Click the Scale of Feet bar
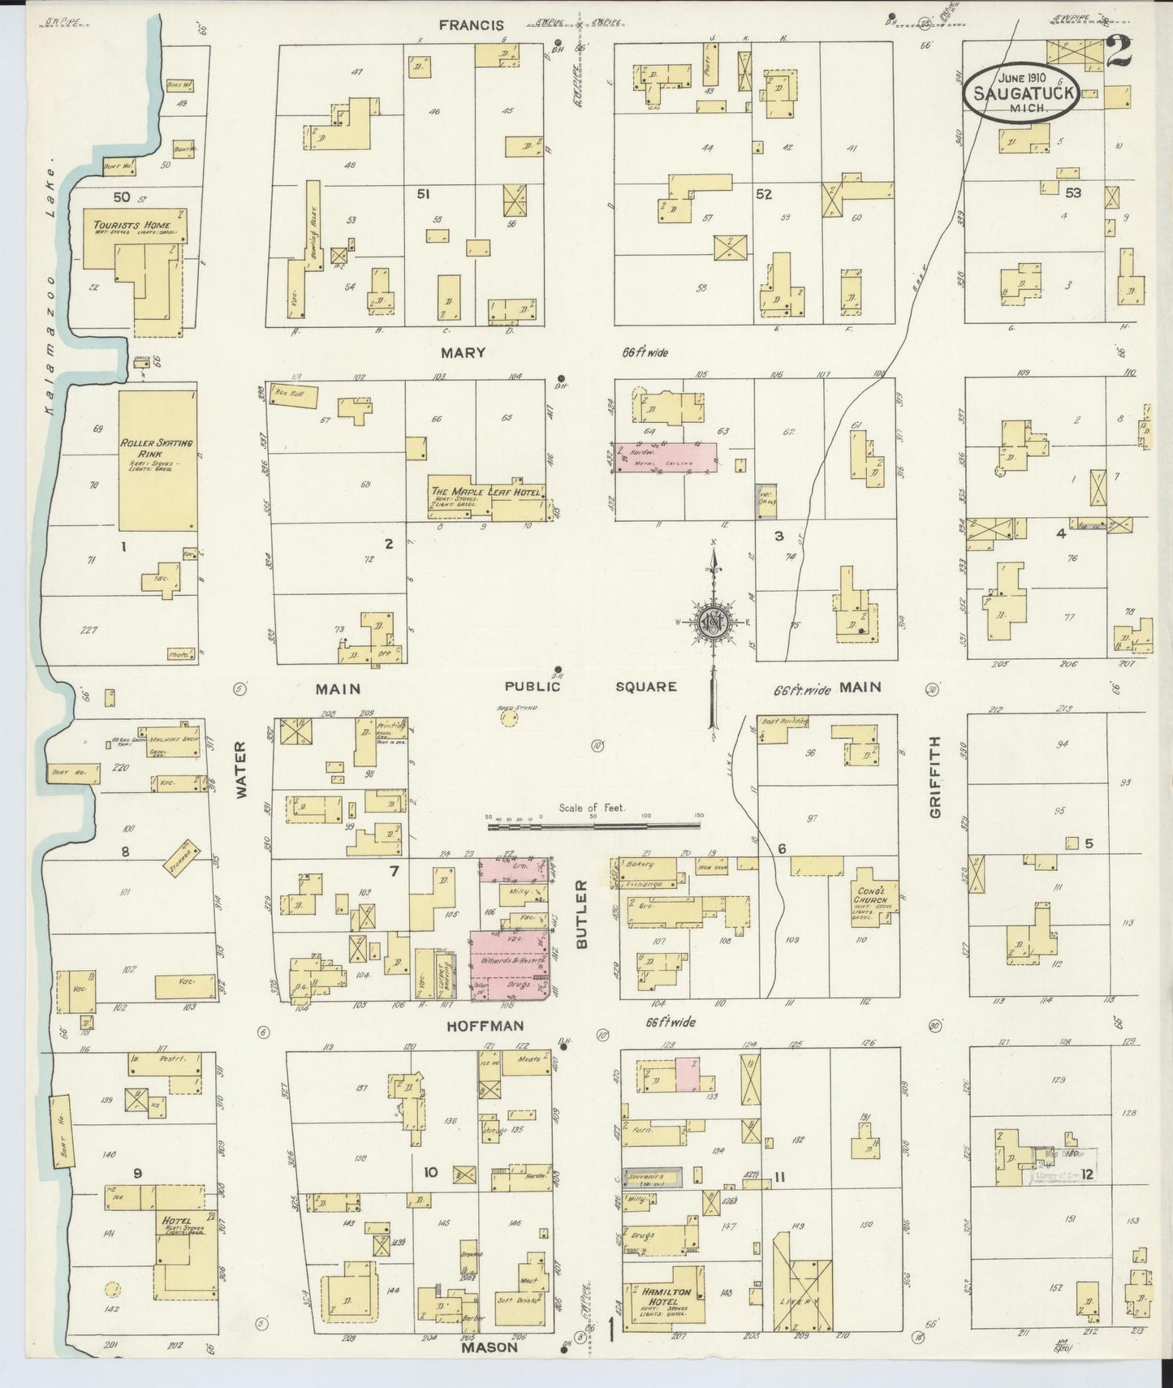[x=593, y=825]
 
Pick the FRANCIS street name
[x=471, y=25]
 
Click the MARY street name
[x=464, y=353]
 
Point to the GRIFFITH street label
[x=935, y=777]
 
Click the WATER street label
[x=241, y=770]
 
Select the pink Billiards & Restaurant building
[x=511, y=958]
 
